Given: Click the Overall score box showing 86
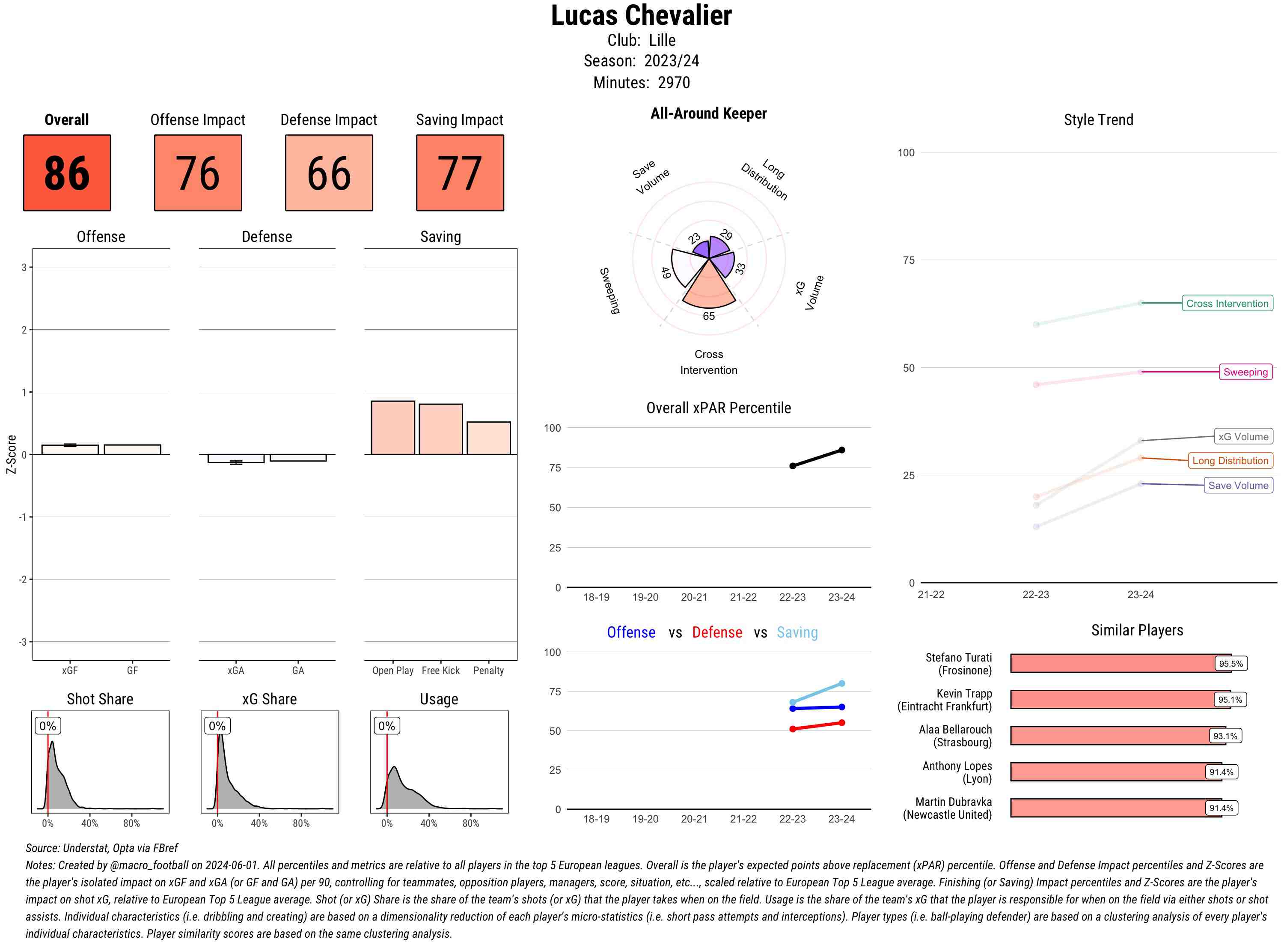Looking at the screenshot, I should pos(67,173).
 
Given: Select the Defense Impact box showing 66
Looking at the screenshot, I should pos(329,173).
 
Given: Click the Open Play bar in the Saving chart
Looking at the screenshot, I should pos(392,428).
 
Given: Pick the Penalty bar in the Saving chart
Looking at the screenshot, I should pos(488,438).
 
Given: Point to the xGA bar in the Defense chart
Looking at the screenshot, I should pos(236,459).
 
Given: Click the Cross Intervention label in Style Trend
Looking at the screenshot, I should pos(1227,303).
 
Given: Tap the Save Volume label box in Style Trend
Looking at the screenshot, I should pos(1238,485).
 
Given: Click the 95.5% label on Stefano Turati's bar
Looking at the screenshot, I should pos(1230,664).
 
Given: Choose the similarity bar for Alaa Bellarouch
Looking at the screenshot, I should pos(1110,736).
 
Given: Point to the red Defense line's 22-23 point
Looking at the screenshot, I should pos(792,729).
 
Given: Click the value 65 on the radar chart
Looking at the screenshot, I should pos(708,316).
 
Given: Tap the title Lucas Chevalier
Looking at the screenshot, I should pos(641,15).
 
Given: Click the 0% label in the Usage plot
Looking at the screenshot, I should pos(386,726).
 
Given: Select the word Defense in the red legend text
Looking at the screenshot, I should pos(717,632).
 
